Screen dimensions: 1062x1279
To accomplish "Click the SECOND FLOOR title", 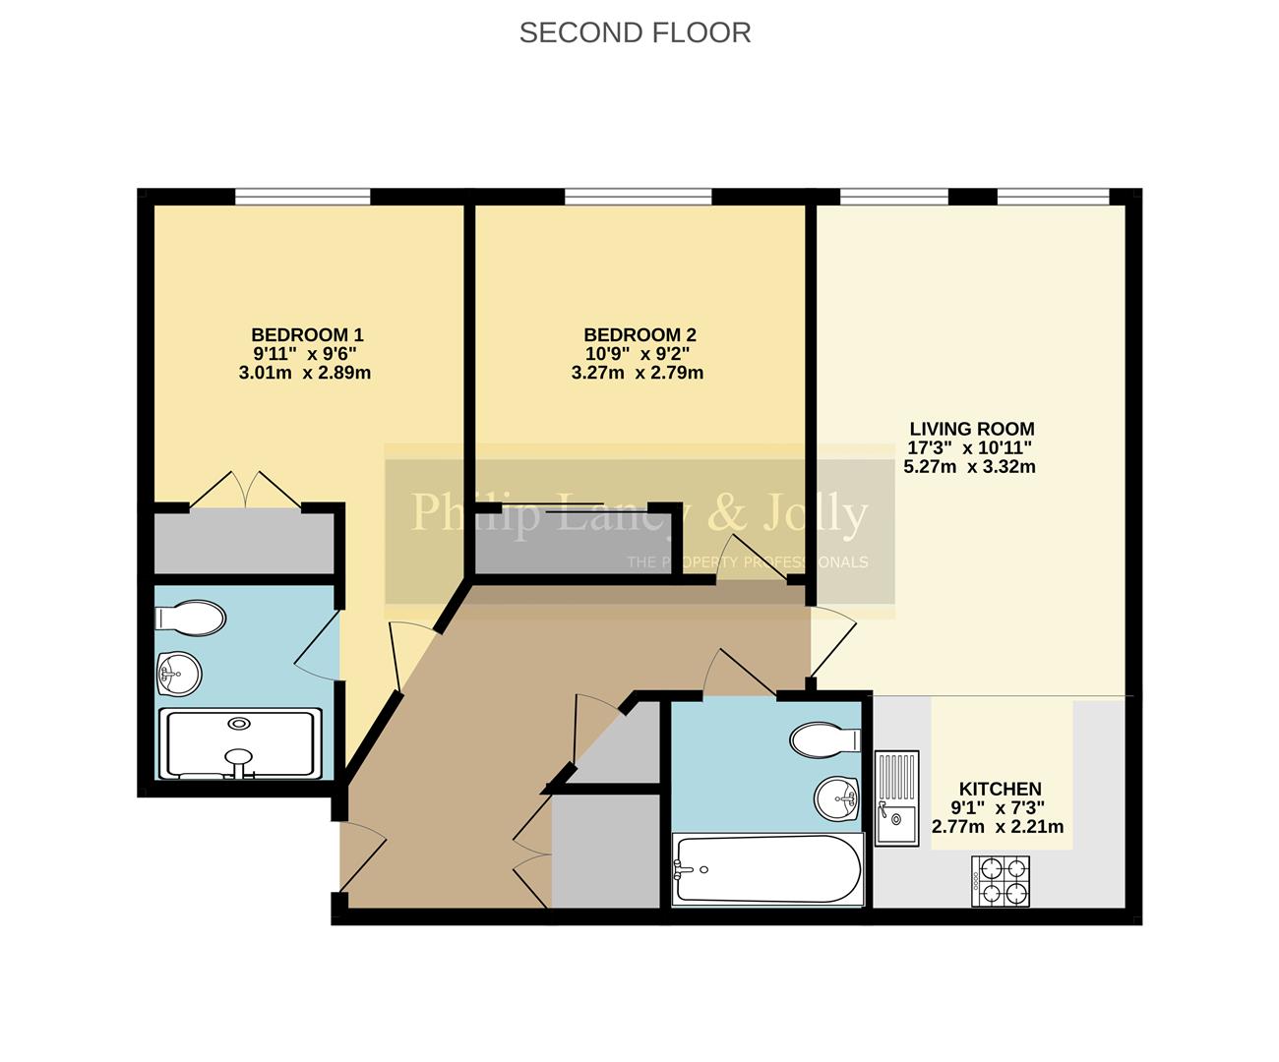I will click(635, 32).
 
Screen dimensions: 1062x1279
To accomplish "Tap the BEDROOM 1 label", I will click(307, 334).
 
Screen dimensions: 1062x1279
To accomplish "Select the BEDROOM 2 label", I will click(639, 334).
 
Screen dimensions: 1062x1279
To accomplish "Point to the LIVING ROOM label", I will click(971, 429).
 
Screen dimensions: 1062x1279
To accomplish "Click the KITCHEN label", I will click(1000, 789).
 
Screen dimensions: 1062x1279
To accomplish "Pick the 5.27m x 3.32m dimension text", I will click(969, 467).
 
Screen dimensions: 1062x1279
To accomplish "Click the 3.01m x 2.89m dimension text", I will click(305, 373).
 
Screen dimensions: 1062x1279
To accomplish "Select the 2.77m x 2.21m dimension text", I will click(998, 827).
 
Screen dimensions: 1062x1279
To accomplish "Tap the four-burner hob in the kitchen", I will click(1001, 880).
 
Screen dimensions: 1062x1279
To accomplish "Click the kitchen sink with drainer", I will click(896, 796).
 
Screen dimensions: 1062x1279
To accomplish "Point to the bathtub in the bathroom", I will click(768, 869).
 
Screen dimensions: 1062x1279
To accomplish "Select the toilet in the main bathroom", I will click(824, 740).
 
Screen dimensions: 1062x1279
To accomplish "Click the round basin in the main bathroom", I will click(837, 797).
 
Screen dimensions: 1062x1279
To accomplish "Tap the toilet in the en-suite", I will click(191, 619).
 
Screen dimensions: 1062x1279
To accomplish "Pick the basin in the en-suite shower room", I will click(180, 675).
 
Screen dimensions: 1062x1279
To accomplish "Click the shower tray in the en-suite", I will click(239, 743).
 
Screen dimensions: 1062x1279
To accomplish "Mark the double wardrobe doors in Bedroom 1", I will click(245, 491).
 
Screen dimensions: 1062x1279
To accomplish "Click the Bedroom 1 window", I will click(302, 197).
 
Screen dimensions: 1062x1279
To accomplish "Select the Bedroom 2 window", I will click(638, 197).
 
